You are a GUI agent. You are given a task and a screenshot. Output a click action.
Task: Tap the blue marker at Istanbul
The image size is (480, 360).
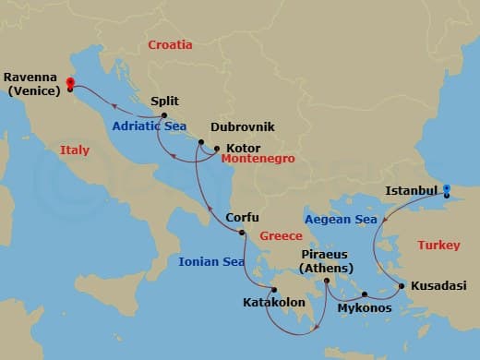pyautogui.click(x=446, y=190)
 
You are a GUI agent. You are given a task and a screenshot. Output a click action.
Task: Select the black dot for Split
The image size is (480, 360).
pyautogui.click(x=163, y=116)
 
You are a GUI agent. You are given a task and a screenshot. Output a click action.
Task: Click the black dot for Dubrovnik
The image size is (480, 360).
pyautogui.click(x=200, y=142)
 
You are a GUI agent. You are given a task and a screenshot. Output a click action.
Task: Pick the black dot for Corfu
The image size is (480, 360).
pyautogui.click(x=242, y=233)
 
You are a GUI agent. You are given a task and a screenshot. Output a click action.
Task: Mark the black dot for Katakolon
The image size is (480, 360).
pyautogui.click(x=273, y=290)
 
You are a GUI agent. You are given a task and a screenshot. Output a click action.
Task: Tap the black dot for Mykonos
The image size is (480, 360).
pyautogui.click(x=364, y=294)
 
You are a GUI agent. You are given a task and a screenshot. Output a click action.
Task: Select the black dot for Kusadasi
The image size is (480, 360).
pyautogui.click(x=401, y=285)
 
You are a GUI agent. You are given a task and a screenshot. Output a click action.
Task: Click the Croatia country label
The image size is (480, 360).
pyautogui.click(x=171, y=44)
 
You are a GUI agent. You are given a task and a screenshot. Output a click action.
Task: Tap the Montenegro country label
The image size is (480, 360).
pyautogui.click(x=258, y=160)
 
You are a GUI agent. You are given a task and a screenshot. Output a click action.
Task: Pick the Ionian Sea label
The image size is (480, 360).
pyautogui.click(x=211, y=261)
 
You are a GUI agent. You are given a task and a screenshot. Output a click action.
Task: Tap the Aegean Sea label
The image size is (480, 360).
pyautogui.click(x=342, y=220)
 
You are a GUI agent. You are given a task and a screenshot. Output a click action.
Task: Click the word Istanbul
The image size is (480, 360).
pyautogui.click(x=411, y=191)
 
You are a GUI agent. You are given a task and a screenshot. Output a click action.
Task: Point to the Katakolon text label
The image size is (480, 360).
pyautogui.click(x=274, y=303)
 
